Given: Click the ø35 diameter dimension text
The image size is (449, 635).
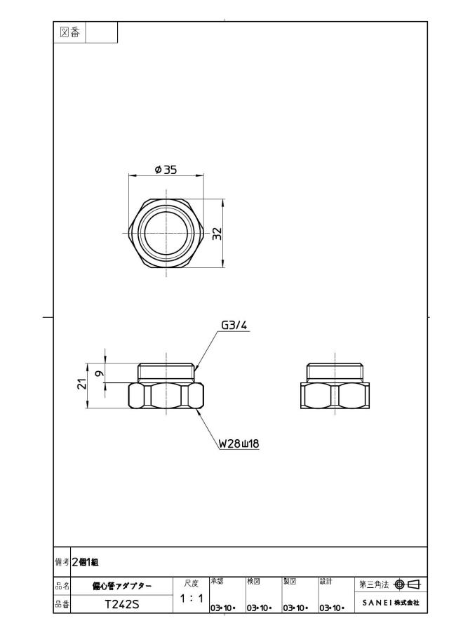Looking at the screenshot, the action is [166, 169].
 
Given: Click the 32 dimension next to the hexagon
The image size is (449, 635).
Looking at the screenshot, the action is [217, 233].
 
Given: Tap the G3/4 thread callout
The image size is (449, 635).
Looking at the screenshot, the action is [234, 325].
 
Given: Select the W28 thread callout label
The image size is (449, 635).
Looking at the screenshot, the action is [239, 443].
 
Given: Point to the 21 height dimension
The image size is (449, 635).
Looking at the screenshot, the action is [82, 385].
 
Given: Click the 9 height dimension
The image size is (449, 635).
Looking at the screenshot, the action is [100, 373].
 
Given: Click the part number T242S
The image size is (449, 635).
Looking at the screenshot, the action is [122, 604].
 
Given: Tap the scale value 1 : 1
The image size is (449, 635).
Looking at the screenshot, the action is [191, 598].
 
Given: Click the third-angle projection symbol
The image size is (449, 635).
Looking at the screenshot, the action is [408, 584].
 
